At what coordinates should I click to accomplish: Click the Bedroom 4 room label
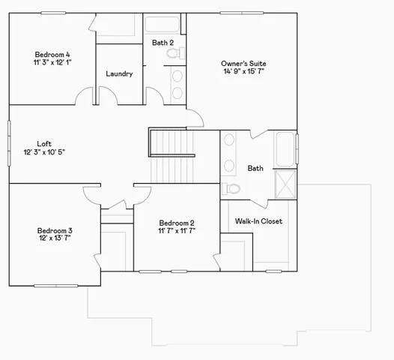pyautogui.click(x=52, y=54)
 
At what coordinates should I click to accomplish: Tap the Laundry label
pyautogui.click(x=119, y=73)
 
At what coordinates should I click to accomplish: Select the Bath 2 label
pyautogui.click(x=163, y=43)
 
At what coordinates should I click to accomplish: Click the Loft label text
pyautogui.click(x=44, y=143)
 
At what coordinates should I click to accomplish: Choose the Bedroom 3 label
pyautogui.click(x=55, y=230)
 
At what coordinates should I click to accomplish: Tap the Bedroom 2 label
pyautogui.click(x=177, y=223)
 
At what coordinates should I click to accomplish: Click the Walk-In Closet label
pyautogui.click(x=258, y=221)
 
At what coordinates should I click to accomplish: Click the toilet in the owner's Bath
pyautogui.click(x=231, y=188)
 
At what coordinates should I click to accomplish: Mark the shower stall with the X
pyautogui.click(x=285, y=184)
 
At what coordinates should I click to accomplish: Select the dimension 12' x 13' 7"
pyautogui.click(x=55, y=238)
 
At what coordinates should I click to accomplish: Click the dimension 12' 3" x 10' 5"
pyautogui.click(x=44, y=152)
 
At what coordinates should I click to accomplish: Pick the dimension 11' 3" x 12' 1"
pyautogui.click(x=52, y=63)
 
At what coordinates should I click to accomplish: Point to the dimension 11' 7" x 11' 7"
pyautogui.click(x=177, y=232)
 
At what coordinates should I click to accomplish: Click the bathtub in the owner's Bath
pyautogui.click(x=285, y=149)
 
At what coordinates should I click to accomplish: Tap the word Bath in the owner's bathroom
pyautogui.click(x=255, y=169)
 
